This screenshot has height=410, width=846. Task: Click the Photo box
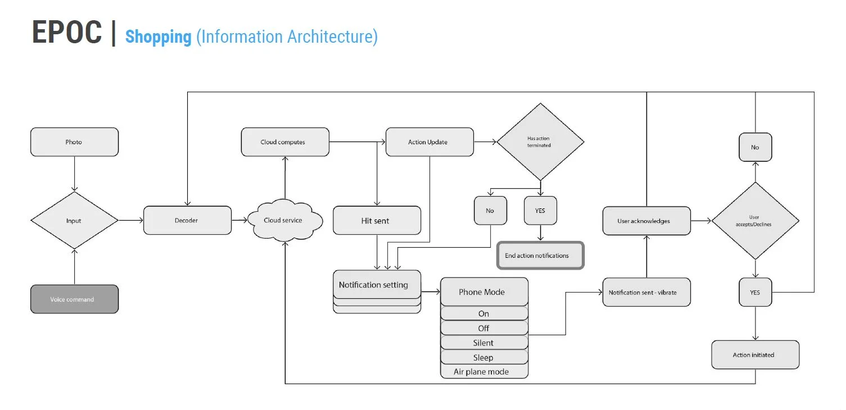[74, 142]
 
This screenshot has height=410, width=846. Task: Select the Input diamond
[74, 220]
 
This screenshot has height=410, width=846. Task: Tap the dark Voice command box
[74, 299]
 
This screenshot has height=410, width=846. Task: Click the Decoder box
[187, 220]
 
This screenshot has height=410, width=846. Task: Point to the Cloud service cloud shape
[285, 220]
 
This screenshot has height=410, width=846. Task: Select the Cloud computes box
[285, 142]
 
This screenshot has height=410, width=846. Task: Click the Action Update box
[429, 142]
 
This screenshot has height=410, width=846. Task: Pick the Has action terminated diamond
[540, 142]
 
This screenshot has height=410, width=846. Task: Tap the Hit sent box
[377, 220]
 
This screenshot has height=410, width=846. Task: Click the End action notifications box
[540, 256]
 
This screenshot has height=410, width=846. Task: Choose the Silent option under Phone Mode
[484, 343]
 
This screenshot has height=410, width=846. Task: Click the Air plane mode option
[484, 371]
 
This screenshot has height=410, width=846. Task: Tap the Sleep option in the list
[484, 357]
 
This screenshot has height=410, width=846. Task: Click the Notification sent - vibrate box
[646, 292]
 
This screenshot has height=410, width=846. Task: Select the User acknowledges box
[646, 221]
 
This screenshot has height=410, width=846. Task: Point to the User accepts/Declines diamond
[755, 221]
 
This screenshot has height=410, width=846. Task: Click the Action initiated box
[755, 354]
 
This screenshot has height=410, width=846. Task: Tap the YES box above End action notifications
[540, 211]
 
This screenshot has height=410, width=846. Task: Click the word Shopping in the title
[159, 37]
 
